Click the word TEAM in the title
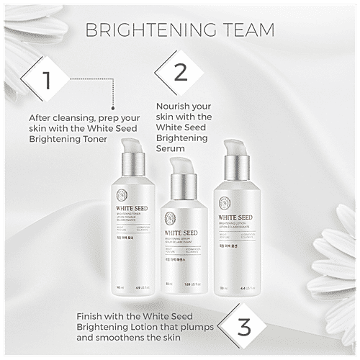tap(246, 30)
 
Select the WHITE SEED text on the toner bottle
tap(130, 212)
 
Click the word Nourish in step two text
tap(174, 105)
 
